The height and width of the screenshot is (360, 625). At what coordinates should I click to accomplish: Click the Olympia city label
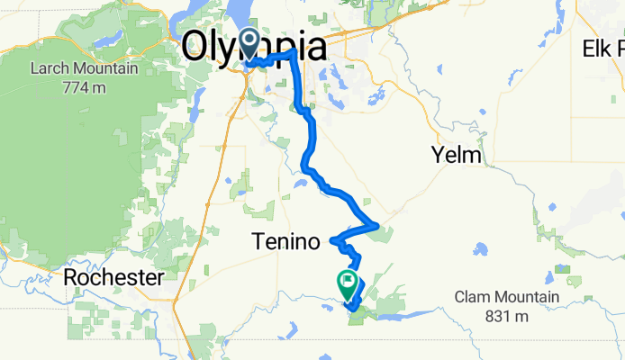254,46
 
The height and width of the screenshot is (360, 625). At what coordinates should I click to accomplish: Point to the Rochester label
113,278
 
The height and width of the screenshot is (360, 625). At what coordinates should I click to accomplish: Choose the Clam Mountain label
506,297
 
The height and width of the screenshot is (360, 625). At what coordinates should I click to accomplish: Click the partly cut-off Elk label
604,48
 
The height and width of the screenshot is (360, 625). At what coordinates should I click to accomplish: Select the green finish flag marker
347,283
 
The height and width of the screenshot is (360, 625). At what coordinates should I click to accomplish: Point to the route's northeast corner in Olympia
294,54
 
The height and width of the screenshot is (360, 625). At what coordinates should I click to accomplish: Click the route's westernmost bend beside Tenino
334,240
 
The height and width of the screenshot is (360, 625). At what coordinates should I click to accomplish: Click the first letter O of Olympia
195,46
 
